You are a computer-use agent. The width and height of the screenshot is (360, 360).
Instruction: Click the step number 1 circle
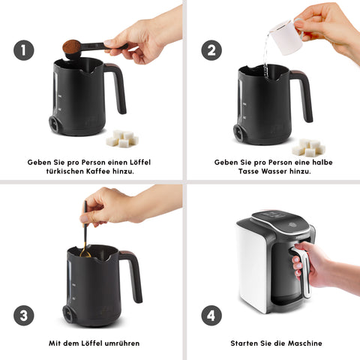[x=25, y=51]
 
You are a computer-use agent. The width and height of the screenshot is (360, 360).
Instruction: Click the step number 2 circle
[x=211, y=51]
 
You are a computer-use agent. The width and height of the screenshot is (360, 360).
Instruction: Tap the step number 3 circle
[x=25, y=316]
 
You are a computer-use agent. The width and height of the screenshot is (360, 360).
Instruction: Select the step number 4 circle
[x=211, y=316]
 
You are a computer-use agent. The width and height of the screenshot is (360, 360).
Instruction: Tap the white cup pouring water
[x=283, y=34]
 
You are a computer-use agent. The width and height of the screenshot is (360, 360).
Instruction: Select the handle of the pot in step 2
[x=303, y=94]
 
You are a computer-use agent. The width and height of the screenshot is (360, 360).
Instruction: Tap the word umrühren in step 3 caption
[x=120, y=343]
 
